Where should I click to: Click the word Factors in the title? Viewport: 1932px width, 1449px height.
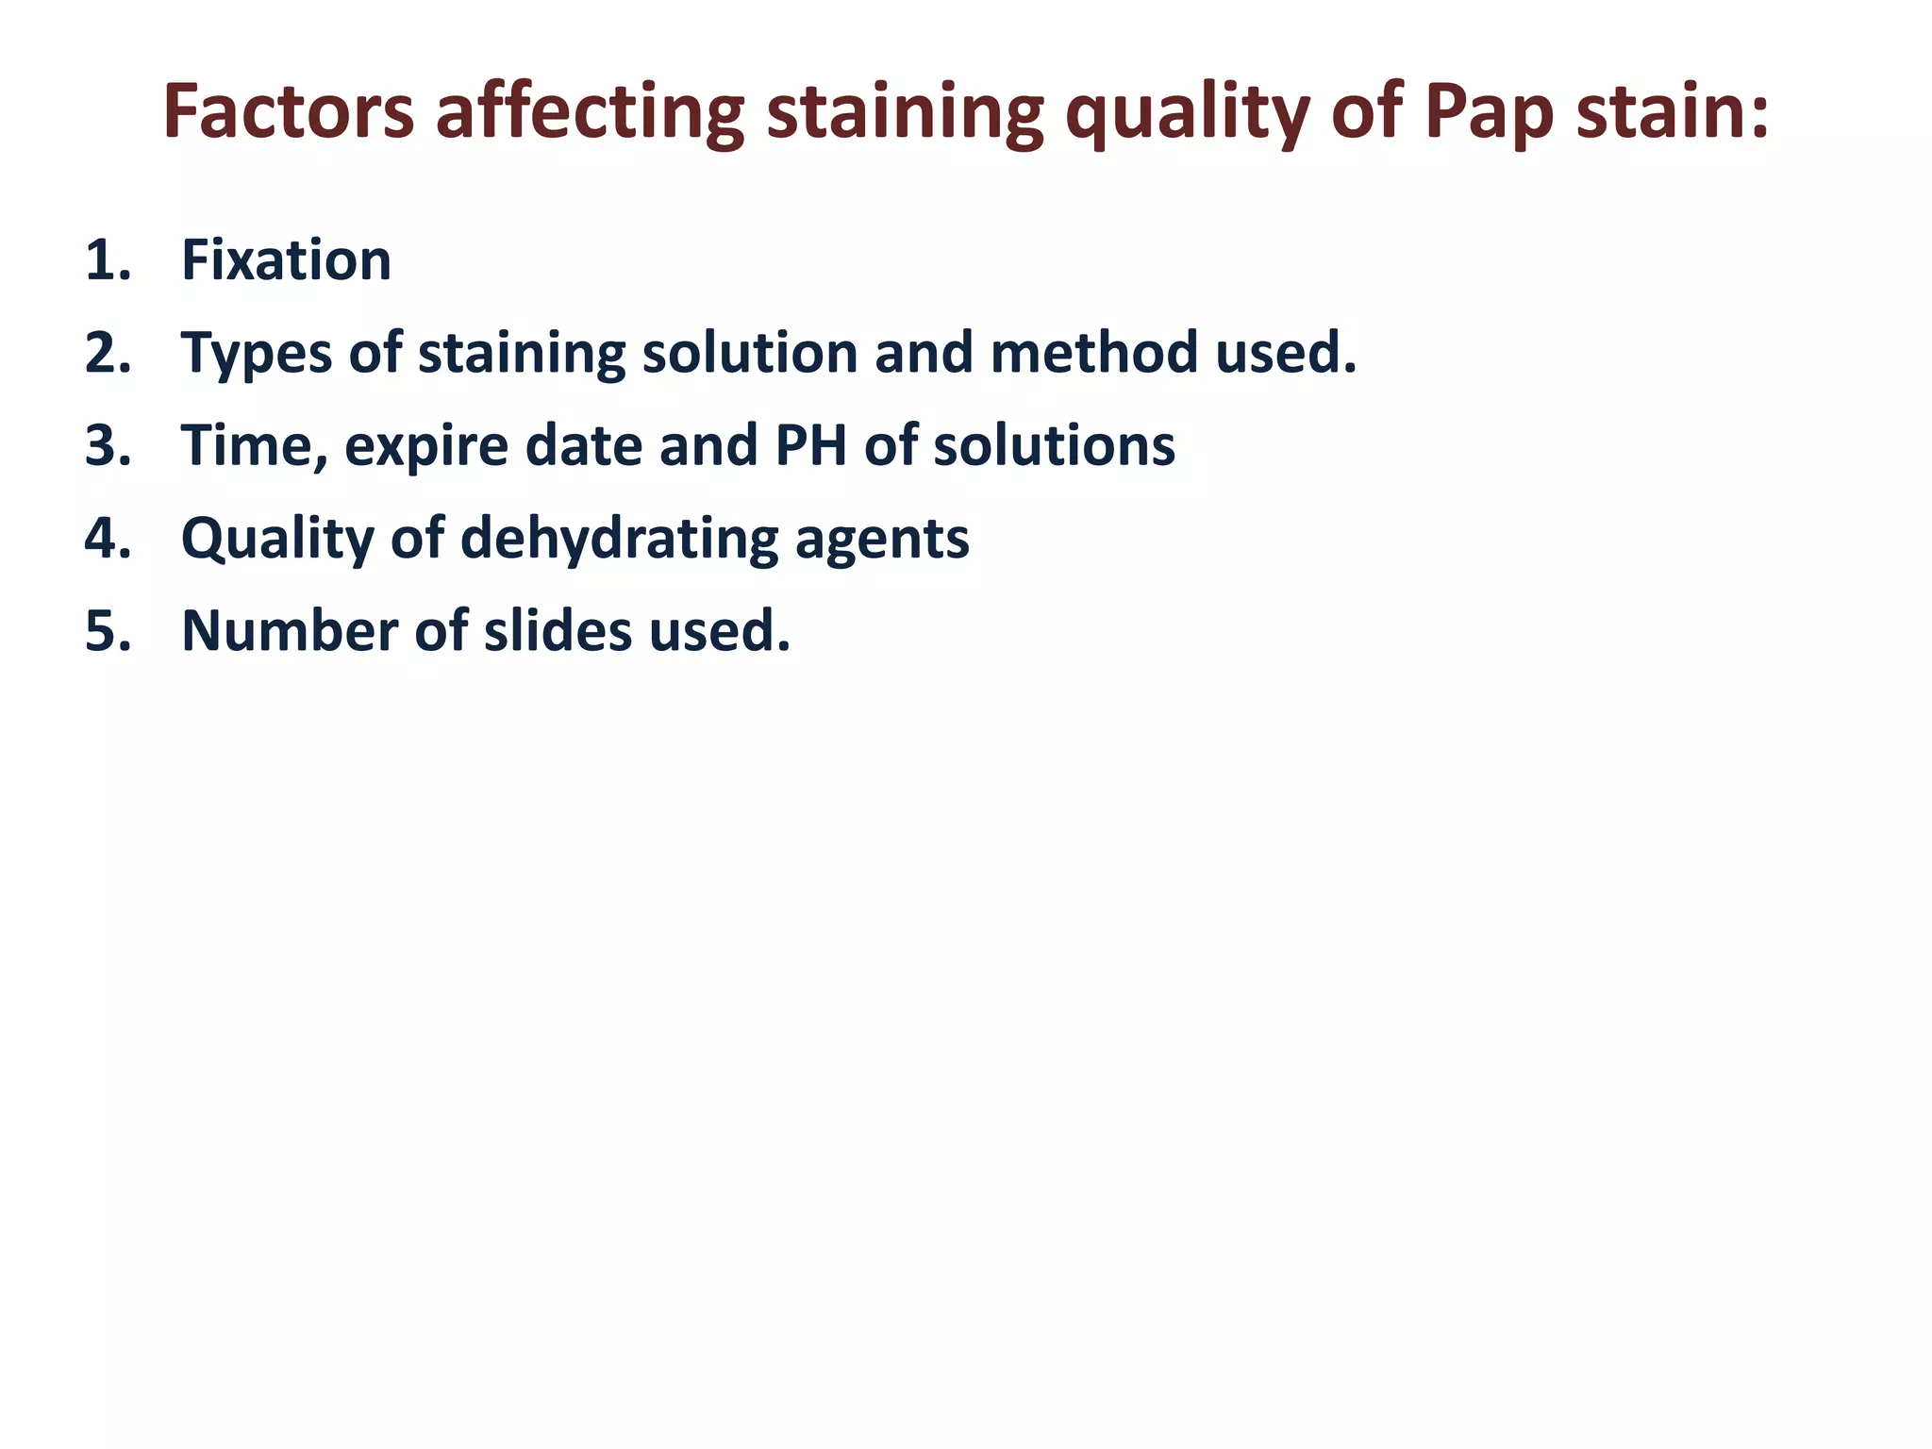coord(289,113)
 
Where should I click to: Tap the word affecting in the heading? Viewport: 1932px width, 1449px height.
coord(590,113)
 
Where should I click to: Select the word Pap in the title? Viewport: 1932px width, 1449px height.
coord(1489,113)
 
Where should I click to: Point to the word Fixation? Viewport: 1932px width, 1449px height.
coord(286,260)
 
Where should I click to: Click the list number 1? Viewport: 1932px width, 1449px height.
coord(107,260)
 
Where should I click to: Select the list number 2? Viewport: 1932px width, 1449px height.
coord(107,353)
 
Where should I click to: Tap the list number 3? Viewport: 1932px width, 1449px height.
coord(107,445)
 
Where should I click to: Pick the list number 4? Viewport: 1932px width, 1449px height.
coord(107,538)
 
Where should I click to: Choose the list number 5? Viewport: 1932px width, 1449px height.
coord(107,630)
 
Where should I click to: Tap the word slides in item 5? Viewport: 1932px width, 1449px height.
coord(558,630)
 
